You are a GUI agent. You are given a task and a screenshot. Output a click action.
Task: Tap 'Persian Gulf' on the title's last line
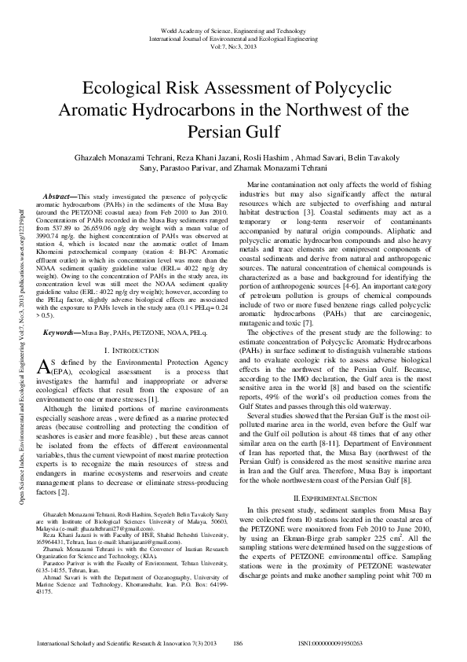click(234, 128)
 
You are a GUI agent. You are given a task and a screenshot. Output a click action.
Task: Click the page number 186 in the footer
click(238, 643)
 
